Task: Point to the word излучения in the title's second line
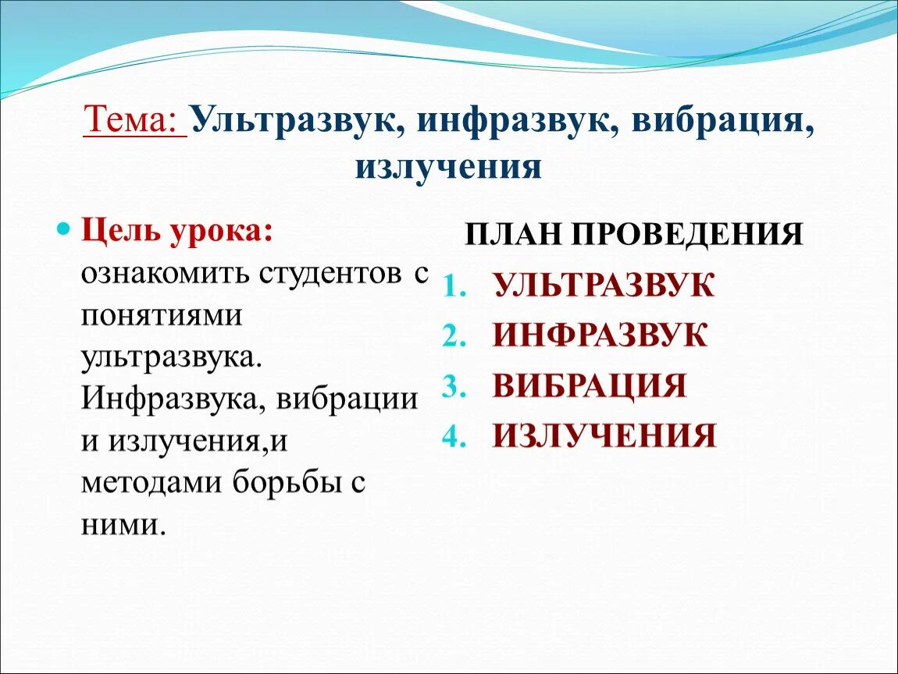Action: (x=448, y=167)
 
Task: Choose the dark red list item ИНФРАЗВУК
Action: (x=600, y=335)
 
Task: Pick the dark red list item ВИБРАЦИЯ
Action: (x=590, y=386)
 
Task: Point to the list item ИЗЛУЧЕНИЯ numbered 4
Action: (x=604, y=436)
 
